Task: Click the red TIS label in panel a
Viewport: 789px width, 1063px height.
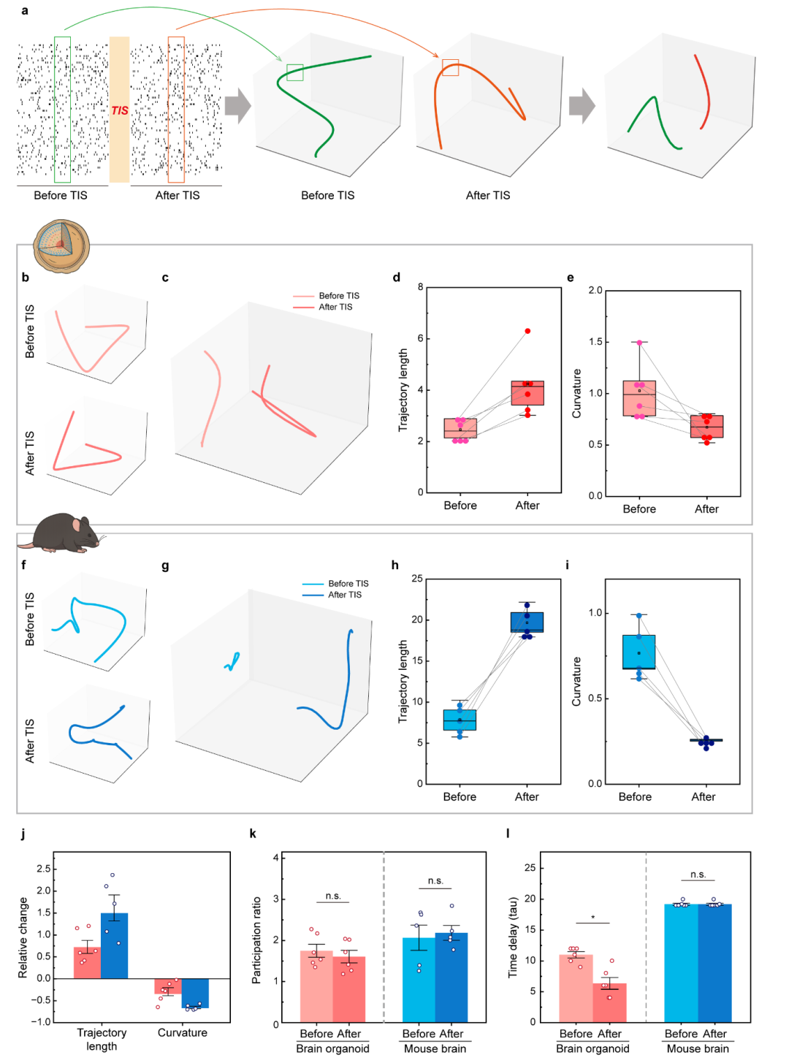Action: point(119,111)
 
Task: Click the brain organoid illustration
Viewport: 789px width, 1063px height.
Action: point(61,246)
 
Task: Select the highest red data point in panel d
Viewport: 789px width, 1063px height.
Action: point(527,331)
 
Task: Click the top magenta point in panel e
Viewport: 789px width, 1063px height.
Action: point(639,343)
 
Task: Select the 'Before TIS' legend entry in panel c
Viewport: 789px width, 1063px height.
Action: point(326,296)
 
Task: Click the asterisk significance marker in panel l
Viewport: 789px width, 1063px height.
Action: point(593,918)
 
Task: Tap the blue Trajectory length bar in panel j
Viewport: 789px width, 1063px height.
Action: point(114,945)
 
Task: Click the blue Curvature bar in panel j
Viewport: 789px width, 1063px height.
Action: point(195,993)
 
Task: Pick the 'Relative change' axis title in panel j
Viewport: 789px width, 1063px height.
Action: point(23,937)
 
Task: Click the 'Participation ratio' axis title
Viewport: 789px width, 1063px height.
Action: point(256,940)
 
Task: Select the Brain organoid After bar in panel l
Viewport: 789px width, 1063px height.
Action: point(609,1002)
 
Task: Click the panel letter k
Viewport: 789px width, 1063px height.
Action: point(253,834)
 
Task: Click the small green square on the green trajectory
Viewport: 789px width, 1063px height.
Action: point(295,72)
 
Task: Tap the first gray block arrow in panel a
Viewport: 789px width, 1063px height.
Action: point(237,106)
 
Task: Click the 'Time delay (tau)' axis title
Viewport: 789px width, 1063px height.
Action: point(512,937)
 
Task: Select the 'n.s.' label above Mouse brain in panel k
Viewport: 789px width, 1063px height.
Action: point(435,880)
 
